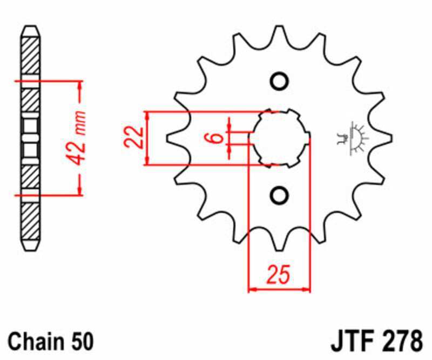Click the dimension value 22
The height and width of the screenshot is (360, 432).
tap(133, 138)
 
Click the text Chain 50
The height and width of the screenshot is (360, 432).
tap(51, 342)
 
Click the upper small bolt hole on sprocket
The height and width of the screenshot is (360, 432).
tap(279, 82)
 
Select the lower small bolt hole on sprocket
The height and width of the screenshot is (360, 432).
tap(279, 195)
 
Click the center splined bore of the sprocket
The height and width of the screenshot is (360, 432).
tap(279, 138)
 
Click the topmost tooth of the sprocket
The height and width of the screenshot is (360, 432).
tap(279, 35)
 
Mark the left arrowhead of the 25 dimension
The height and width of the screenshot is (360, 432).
tap(252, 290)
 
